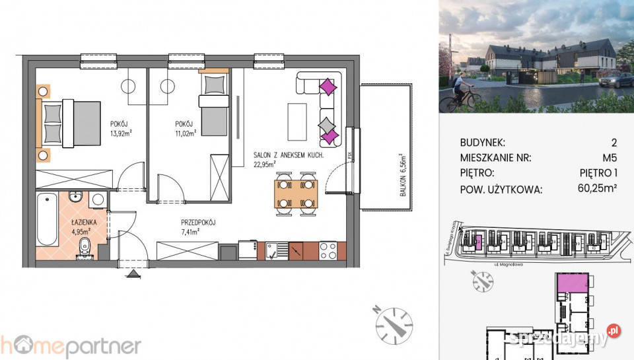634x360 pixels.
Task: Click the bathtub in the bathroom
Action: tap(46, 219)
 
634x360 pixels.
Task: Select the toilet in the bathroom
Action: tap(84, 248)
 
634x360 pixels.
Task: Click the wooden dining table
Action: tap(295, 193)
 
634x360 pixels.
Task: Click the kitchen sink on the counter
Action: tap(277, 250)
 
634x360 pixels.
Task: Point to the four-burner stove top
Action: tap(328, 250)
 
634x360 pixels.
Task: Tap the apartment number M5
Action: tap(608, 157)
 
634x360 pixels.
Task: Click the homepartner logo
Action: tap(70, 345)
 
